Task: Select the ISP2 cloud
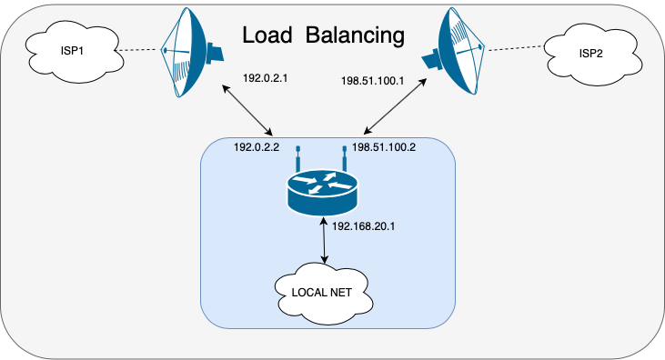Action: click(593, 54)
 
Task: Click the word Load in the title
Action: click(267, 35)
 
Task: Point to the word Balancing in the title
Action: click(355, 35)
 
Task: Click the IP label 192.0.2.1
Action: click(265, 78)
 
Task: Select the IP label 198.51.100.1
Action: click(372, 81)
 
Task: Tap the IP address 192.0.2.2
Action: click(257, 147)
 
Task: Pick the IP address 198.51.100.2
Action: click(384, 147)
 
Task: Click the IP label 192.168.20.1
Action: click(364, 226)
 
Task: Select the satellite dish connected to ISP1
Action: click(191, 52)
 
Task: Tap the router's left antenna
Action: click(298, 158)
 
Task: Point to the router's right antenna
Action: click(345, 158)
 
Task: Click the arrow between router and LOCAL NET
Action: click(325, 240)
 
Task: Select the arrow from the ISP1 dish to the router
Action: click(247, 110)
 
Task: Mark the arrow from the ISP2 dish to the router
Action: click(395, 106)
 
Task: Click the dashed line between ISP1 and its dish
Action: click(138, 50)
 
